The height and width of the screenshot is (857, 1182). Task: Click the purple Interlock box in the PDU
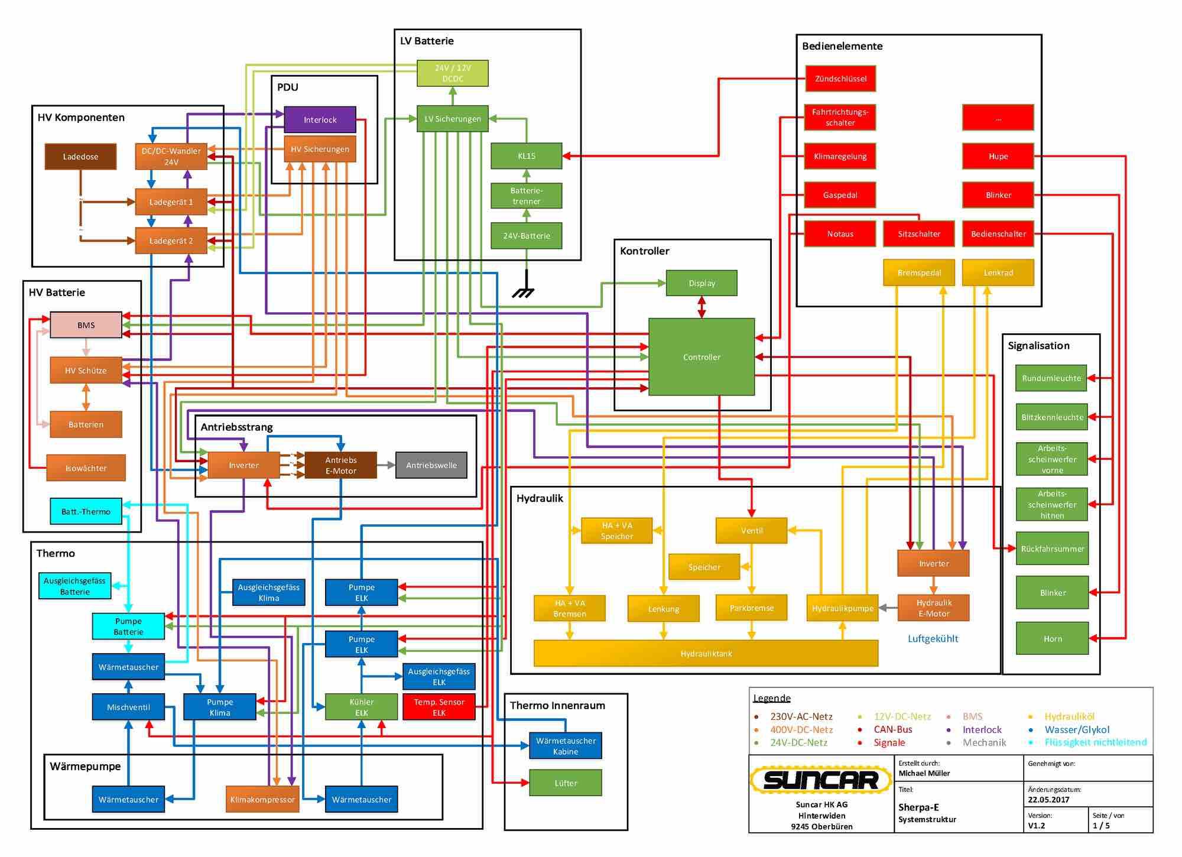point(320,119)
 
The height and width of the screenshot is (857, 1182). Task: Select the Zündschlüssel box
point(840,79)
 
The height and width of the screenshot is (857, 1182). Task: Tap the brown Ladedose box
point(80,157)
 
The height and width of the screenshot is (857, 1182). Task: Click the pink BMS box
point(86,325)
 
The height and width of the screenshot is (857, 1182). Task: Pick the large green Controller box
point(702,357)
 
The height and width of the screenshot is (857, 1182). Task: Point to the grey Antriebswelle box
point(431,465)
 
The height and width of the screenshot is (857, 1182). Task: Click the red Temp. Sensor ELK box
point(439,707)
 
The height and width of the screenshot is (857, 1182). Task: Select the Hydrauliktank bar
point(706,654)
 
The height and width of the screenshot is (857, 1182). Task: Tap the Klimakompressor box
point(262,799)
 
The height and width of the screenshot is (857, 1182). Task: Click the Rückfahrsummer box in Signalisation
point(1052,548)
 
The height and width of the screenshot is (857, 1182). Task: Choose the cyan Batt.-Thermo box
point(86,511)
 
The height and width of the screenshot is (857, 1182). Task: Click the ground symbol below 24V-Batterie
point(524,290)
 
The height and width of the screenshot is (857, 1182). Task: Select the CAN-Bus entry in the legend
point(892,729)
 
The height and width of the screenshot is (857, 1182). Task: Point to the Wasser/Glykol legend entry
point(1076,729)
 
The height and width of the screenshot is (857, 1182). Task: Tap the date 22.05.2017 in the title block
point(1048,800)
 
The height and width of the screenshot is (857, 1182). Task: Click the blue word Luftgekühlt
point(933,638)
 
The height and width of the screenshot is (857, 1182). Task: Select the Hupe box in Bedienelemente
point(998,157)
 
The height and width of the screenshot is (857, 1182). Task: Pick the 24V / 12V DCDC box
point(453,73)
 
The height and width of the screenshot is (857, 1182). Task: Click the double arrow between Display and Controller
point(702,307)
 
